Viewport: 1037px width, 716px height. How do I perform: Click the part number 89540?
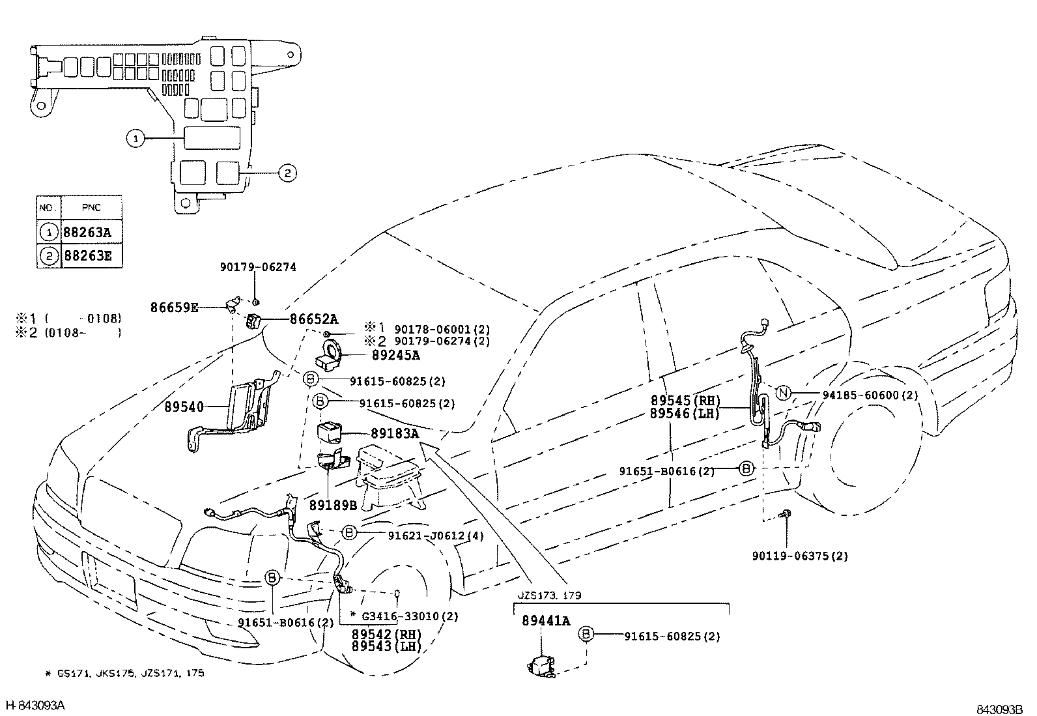tap(184, 407)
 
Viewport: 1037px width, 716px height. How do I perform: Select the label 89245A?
tap(395, 356)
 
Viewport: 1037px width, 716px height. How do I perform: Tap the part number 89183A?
tap(394, 433)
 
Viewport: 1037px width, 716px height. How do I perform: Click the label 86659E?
tap(173, 308)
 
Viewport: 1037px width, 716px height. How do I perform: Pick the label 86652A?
tap(314, 319)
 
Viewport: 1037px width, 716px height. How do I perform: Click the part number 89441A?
tap(546, 622)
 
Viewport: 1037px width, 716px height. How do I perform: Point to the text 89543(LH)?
tap(386, 646)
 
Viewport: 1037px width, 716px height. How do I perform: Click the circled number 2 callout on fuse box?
tap(287, 173)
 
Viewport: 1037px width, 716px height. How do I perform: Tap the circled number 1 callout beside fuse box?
tap(135, 138)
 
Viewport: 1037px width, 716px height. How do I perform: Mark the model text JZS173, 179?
tap(550, 595)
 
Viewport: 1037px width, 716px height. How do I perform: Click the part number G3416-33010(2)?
tap(410, 616)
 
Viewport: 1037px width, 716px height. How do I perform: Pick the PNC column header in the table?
tap(91, 208)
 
